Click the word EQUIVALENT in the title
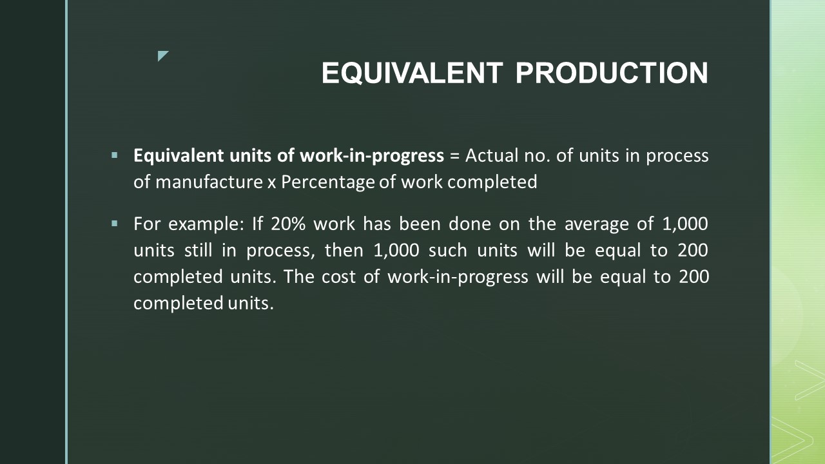[412, 73]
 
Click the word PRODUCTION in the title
[612, 73]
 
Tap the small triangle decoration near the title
[162, 56]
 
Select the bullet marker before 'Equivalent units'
[115, 155]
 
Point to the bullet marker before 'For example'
[115, 224]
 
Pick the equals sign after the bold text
[454, 156]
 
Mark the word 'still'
[198, 251]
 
